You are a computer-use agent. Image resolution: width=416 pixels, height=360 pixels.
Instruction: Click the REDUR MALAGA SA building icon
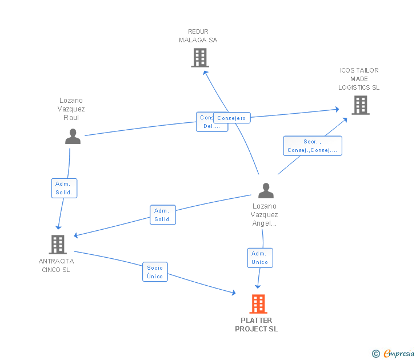point(199,58)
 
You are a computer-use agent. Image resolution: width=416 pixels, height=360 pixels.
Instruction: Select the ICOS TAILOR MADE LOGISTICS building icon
point(360,105)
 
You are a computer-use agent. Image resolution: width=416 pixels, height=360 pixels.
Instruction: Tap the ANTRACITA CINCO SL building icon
point(58,245)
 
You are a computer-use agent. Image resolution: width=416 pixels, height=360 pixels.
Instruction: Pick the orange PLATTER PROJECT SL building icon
point(258,304)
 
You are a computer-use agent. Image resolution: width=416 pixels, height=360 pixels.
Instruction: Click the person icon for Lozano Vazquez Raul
point(73,137)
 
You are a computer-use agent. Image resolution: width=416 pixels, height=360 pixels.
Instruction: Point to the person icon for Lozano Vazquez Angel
point(266,190)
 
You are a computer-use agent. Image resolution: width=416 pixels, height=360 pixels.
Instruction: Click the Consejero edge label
point(231,118)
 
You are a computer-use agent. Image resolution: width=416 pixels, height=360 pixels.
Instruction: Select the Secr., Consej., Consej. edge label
point(313,146)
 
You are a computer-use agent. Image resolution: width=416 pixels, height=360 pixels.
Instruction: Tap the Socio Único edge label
point(155,272)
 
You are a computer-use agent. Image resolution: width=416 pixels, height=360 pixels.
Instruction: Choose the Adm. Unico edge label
point(259,258)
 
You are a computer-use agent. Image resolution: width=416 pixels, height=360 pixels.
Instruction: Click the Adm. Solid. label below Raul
point(63,188)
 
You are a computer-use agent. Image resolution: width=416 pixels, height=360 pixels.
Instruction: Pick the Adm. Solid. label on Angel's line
point(163,215)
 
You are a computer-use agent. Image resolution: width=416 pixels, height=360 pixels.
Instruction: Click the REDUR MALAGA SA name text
point(198,36)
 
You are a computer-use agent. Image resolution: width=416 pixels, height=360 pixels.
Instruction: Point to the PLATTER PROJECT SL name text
point(256,325)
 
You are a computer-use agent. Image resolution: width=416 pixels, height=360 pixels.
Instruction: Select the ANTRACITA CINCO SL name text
point(56,266)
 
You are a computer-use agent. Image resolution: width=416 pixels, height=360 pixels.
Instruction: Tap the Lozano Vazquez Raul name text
point(71,109)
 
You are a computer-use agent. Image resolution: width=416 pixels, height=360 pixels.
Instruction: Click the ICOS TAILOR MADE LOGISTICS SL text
point(359,79)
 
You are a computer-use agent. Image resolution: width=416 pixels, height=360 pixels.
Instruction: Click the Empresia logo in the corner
point(399,353)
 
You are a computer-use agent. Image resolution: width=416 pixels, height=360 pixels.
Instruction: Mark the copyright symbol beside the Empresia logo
point(375,354)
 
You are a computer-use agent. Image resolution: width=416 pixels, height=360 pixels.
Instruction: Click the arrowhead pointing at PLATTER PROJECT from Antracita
point(233,293)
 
